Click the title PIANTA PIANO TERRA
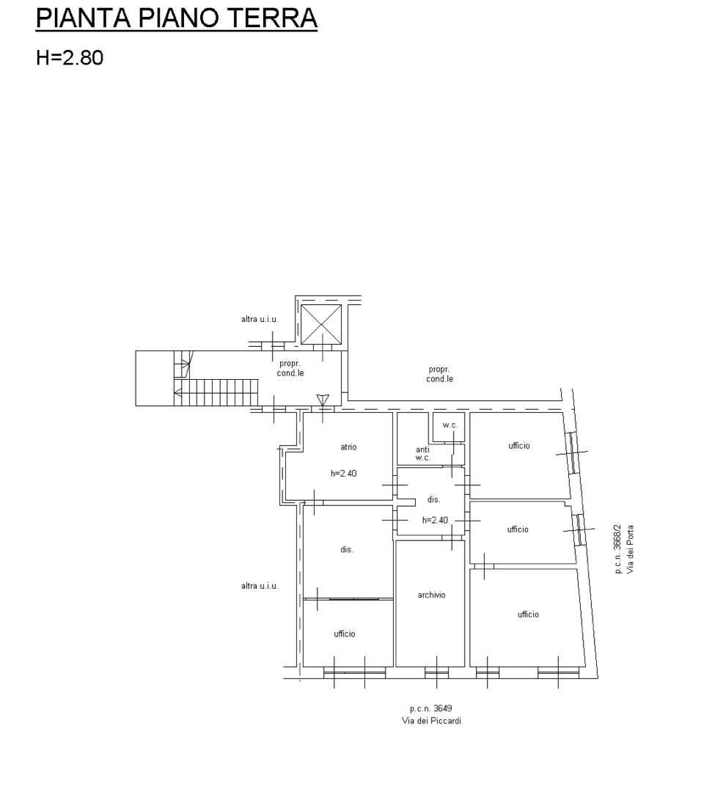coord(177,18)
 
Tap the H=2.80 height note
coord(70,58)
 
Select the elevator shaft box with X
coord(321,324)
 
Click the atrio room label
coord(348,447)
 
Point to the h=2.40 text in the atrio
coord(343,473)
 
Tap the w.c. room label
coord(450,425)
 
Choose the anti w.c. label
coord(422,454)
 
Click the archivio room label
coord(431,595)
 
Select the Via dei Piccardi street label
coord(431,721)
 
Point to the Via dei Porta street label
coord(630,549)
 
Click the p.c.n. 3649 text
coord(431,708)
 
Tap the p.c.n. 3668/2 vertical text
coord(618,549)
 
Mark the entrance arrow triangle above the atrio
coord(323,400)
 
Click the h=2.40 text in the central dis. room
coord(435,520)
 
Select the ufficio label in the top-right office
coord(519,445)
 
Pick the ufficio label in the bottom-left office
coord(345,633)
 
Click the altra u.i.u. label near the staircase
coord(259,319)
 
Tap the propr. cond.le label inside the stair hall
coord(290,368)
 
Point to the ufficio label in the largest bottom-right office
coord(528,614)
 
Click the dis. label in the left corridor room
coord(347,549)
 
